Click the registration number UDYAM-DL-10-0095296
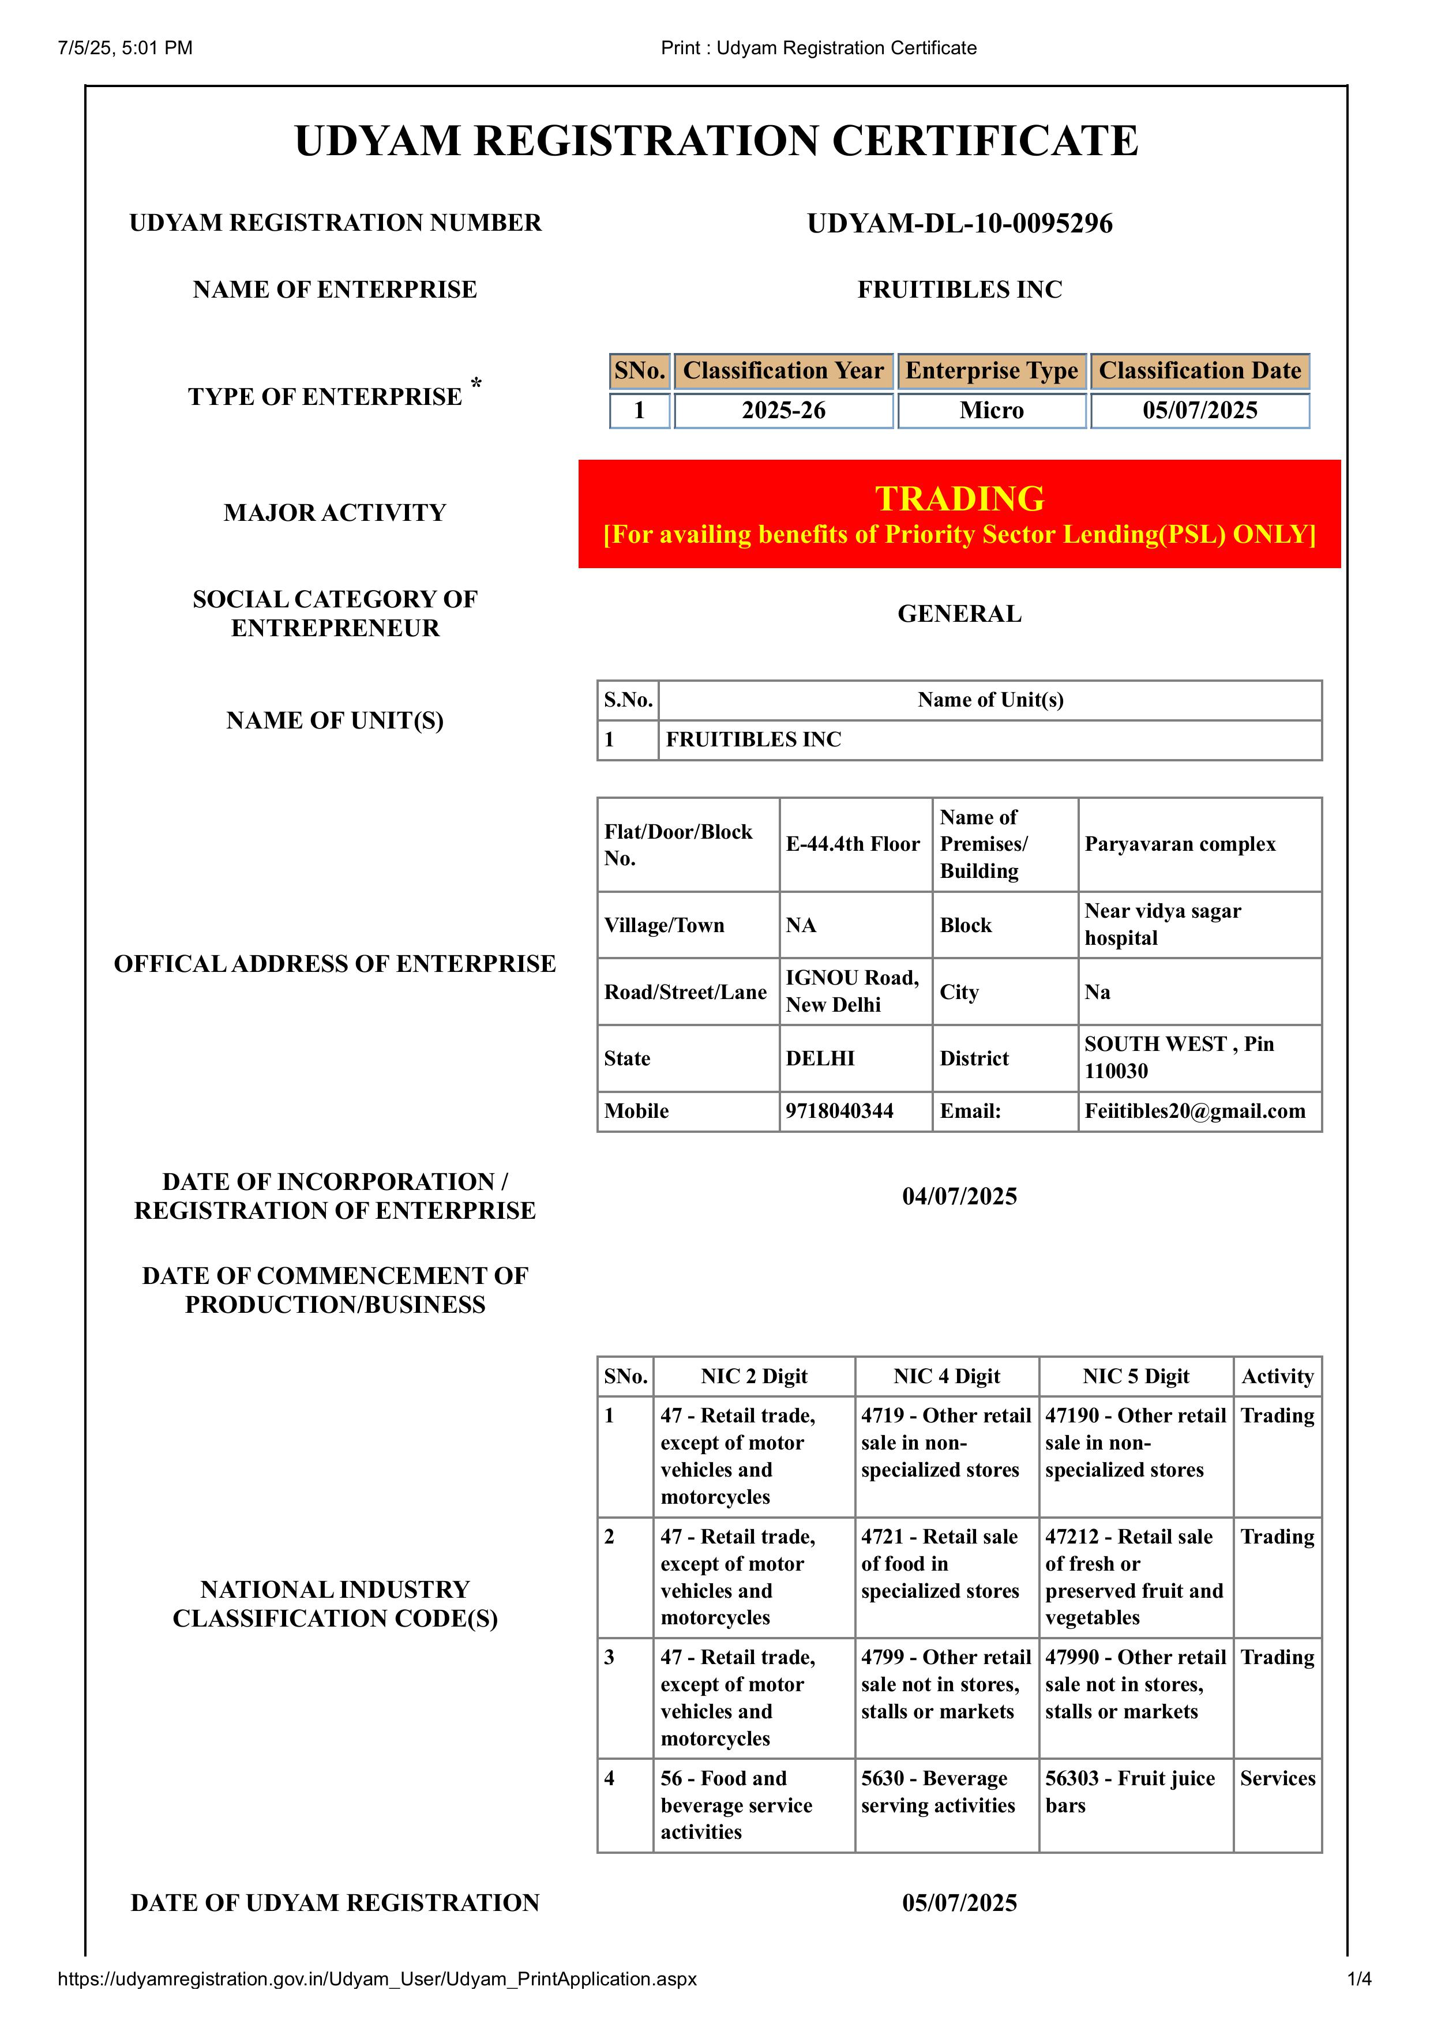(959, 223)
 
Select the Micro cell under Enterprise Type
(991, 411)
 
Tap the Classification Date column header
(1199, 371)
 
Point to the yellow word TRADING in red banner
(959, 499)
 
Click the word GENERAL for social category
(959, 614)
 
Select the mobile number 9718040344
(839, 1111)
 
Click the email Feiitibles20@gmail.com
(1195, 1111)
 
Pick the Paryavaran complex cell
(1180, 844)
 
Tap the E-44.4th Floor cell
(853, 844)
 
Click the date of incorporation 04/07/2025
(959, 1196)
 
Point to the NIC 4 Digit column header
(946, 1376)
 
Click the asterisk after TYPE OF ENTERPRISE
(476, 384)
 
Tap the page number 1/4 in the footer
(1358, 1979)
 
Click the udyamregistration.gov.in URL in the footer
(377, 1979)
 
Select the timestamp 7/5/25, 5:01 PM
(125, 48)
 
